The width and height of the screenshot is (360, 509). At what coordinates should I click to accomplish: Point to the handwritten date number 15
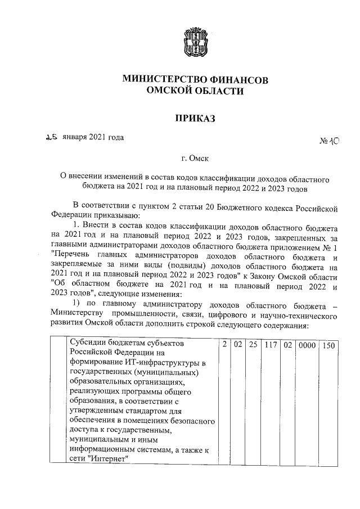[52, 137]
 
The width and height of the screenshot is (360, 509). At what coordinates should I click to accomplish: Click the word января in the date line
[77, 137]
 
